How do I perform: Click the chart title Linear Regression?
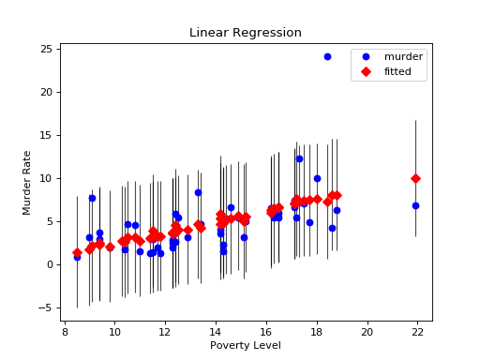click(246, 33)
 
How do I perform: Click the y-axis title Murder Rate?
click(28, 182)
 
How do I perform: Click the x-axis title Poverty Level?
click(246, 346)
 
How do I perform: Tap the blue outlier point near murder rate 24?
click(327, 56)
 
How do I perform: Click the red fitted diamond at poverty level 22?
click(415, 178)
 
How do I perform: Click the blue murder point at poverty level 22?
click(415, 205)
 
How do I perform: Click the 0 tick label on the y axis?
click(50, 264)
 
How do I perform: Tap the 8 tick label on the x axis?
click(65, 331)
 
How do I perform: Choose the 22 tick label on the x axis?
click(418, 331)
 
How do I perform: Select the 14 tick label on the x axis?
click(216, 331)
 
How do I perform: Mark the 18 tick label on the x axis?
click(317, 331)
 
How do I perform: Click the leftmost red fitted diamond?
click(77, 253)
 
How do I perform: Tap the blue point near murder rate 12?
click(299, 158)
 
